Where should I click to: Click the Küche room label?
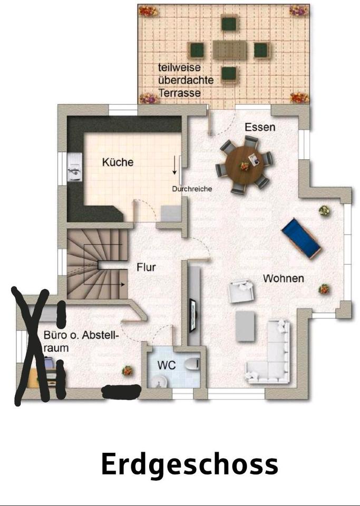click(118, 162)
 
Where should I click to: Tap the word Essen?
click(260, 127)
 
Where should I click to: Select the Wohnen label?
click(284, 278)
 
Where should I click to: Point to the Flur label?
click(146, 267)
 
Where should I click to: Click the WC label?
click(166, 365)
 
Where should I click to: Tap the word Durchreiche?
click(192, 189)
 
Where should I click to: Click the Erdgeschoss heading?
click(189, 464)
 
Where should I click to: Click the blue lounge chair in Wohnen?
click(301, 238)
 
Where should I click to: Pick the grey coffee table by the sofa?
click(245, 325)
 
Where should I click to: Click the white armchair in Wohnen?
click(240, 291)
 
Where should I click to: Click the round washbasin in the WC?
click(158, 382)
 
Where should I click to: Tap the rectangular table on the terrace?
click(230, 51)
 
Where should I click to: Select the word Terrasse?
click(179, 93)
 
